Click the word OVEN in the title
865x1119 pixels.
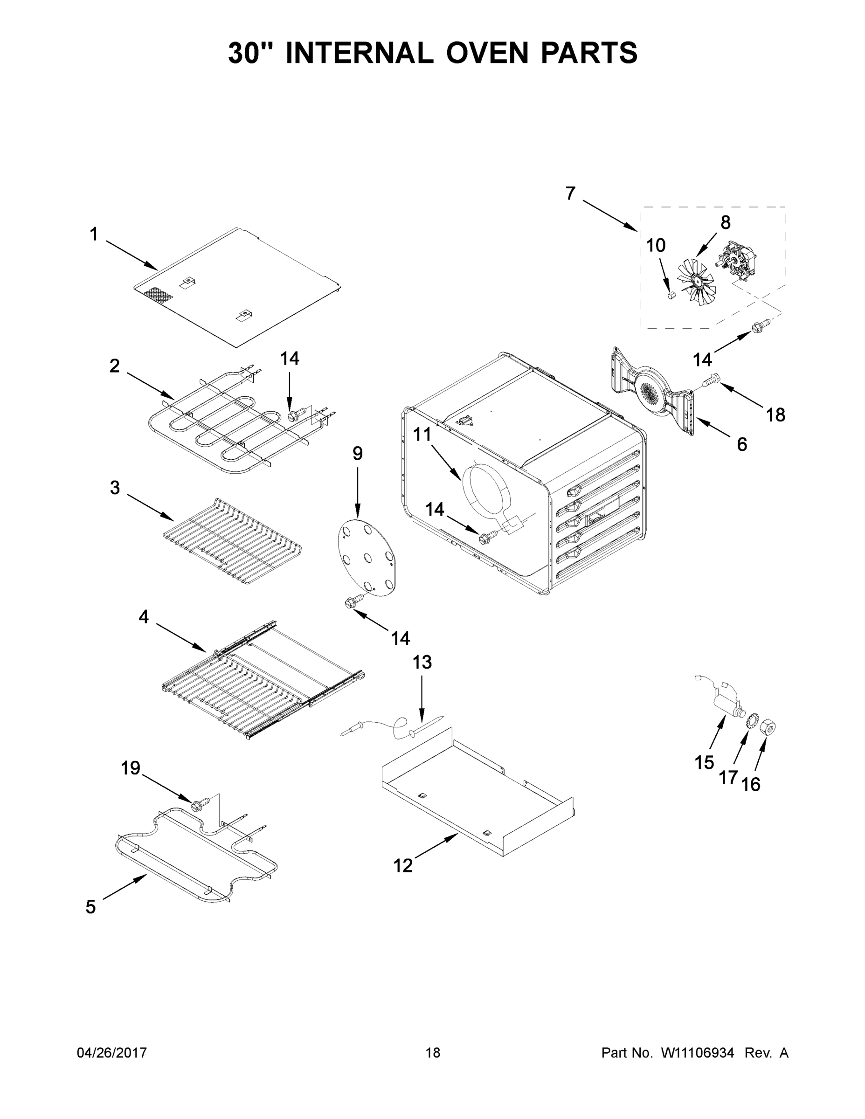point(487,53)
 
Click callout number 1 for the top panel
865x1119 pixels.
point(94,235)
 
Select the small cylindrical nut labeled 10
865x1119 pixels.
point(670,295)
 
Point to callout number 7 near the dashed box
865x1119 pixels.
point(570,193)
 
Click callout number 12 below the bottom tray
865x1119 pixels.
point(403,866)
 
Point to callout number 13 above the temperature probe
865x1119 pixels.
point(422,663)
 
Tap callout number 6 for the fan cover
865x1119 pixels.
point(741,444)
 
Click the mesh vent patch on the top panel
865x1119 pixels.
point(159,294)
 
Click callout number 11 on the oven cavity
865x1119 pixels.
point(422,435)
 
